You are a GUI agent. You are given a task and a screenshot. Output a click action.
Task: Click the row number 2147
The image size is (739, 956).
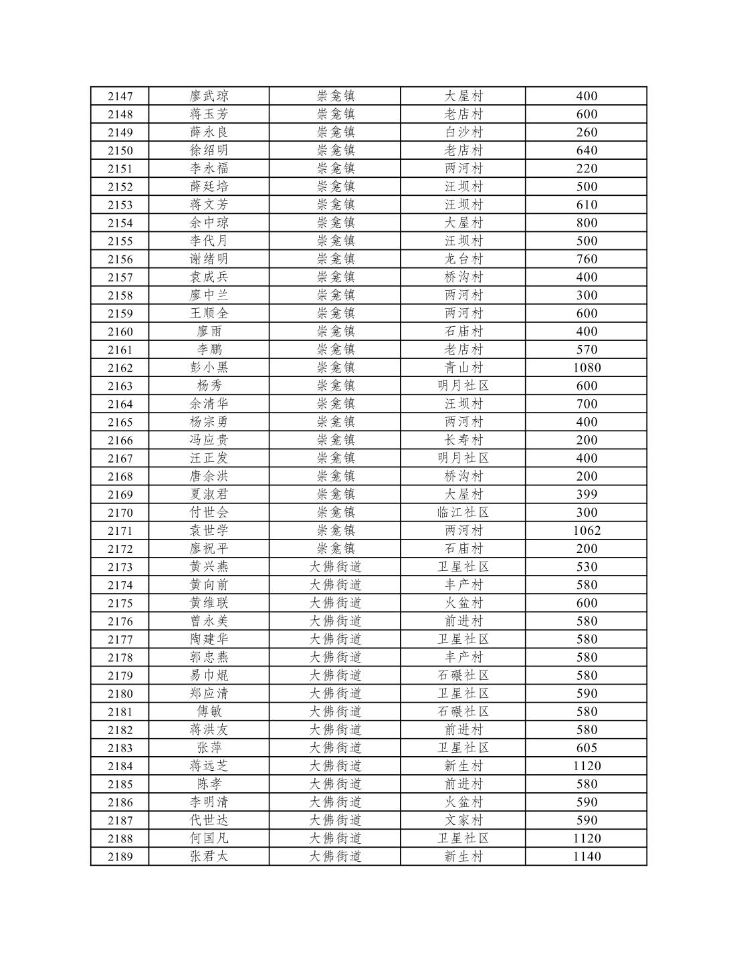pos(120,96)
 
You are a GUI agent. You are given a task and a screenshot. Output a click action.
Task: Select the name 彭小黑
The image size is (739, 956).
pos(209,368)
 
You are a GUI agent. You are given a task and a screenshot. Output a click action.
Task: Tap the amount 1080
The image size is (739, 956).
pos(587,368)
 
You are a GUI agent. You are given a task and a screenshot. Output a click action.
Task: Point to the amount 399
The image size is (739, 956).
pos(587,495)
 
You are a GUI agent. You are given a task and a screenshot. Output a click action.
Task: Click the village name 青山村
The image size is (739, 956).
pos(463,368)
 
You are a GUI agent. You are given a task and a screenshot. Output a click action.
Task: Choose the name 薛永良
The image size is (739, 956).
pos(209,132)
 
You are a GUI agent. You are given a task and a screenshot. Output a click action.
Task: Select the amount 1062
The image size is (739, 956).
pos(587,531)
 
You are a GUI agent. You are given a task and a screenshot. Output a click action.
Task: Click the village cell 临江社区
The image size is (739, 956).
pos(463,513)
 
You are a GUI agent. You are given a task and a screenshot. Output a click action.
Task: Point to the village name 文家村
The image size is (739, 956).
pos(463,820)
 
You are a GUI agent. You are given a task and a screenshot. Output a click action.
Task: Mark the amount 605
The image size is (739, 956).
pos(587,748)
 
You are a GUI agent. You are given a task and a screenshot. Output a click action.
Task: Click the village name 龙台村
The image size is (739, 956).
pos(463,259)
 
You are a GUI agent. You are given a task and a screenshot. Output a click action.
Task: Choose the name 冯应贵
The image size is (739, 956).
pos(209,440)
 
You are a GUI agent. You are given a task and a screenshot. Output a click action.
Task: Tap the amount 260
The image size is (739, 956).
pos(587,132)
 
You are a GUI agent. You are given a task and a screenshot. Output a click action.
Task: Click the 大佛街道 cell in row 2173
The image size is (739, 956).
pos(335,567)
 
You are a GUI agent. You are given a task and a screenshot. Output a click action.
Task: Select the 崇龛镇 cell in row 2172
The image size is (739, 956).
pos(335,549)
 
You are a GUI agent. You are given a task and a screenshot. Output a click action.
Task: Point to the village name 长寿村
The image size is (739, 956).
pos(463,440)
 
